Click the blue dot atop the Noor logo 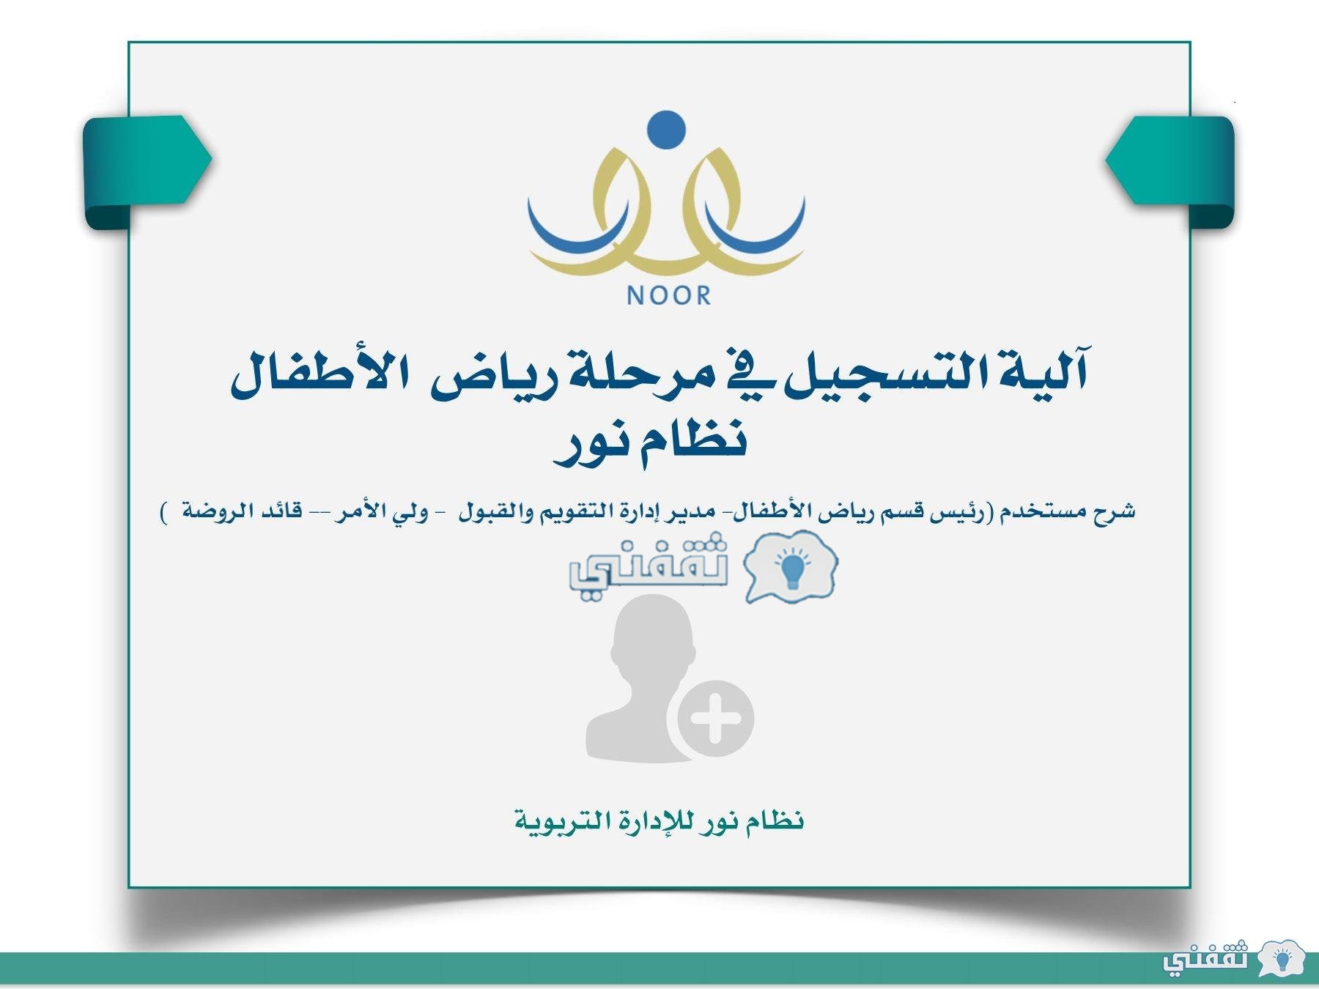point(667,130)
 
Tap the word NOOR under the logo point(669,295)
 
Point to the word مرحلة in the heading point(627,375)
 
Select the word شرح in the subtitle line point(1115,511)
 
